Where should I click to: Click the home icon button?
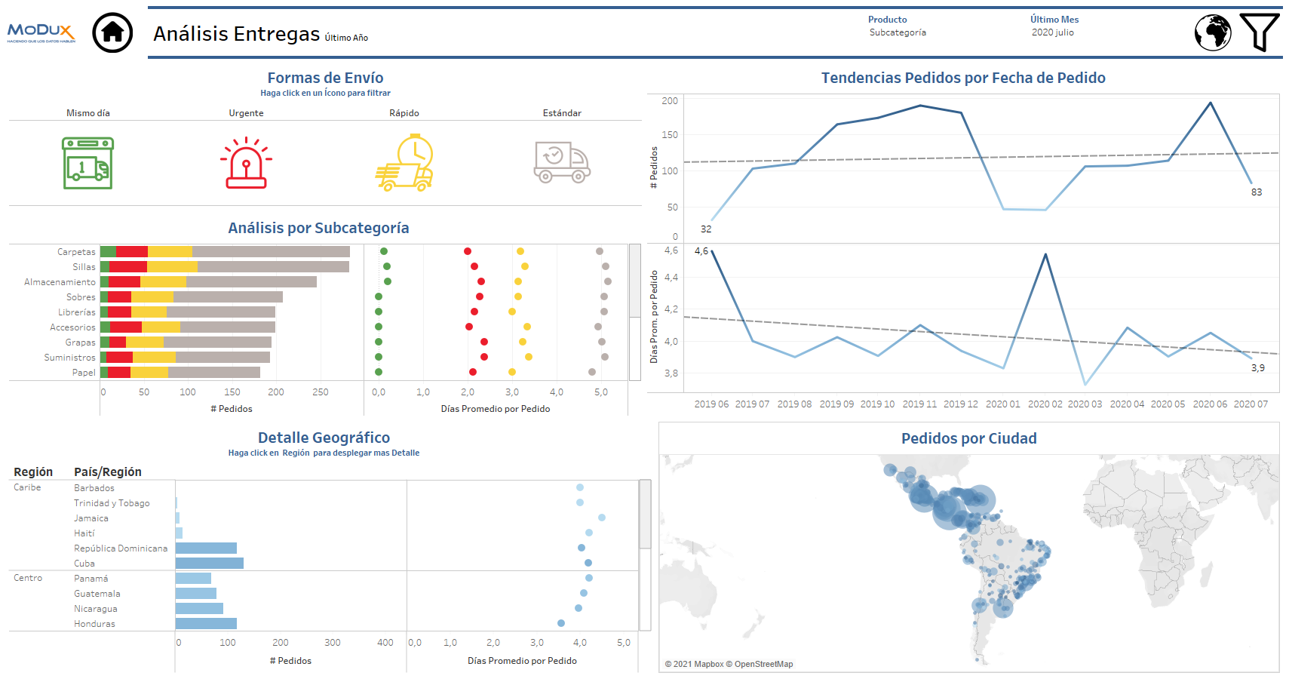coord(112,32)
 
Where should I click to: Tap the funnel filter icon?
coord(1259,32)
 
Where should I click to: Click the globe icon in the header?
coord(1213,32)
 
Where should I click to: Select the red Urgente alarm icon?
coord(246,162)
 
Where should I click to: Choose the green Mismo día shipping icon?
coord(87,163)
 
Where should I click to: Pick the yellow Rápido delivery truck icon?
coord(405,163)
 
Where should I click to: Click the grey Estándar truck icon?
coord(562,162)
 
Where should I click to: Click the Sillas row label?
coord(84,267)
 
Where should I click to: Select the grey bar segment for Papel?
coord(214,372)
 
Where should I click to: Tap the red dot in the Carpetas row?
coord(468,251)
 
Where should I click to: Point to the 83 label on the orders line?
coord(1257,192)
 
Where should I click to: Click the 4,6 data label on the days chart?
coord(701,251)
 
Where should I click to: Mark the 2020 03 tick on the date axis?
coord(1085,404)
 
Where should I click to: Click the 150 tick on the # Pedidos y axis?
coord(670,135)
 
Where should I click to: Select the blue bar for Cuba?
coord(210,564)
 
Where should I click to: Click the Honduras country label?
coord(94,624)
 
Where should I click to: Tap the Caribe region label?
coord(27,487)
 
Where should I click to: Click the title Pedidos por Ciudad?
coord(968,438)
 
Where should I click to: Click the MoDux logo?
coord(41,32)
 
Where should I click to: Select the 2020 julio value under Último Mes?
coord(1053,32)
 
